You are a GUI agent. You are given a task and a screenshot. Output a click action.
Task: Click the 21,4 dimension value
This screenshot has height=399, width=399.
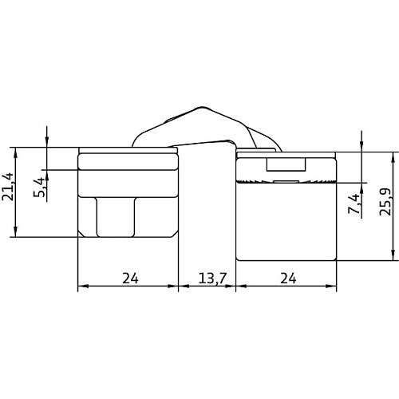(7, 187)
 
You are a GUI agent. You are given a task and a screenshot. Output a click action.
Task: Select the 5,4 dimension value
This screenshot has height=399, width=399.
(39, 188)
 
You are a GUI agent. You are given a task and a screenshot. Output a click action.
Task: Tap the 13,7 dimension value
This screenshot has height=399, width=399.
(212, 279)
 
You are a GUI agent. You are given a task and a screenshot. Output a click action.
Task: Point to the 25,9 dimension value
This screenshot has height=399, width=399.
(385, 202)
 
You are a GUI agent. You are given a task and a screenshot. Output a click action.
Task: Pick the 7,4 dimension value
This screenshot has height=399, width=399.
(354, 203)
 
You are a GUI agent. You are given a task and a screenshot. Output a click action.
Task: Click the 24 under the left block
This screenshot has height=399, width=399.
(130, 279)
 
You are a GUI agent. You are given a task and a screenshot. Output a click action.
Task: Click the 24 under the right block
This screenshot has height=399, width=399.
(288, 279)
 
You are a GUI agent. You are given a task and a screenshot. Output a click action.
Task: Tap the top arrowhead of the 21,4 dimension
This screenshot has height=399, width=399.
(15, 152)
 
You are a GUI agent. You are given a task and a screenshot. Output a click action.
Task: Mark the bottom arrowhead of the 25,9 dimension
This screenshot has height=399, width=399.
(393, 255)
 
